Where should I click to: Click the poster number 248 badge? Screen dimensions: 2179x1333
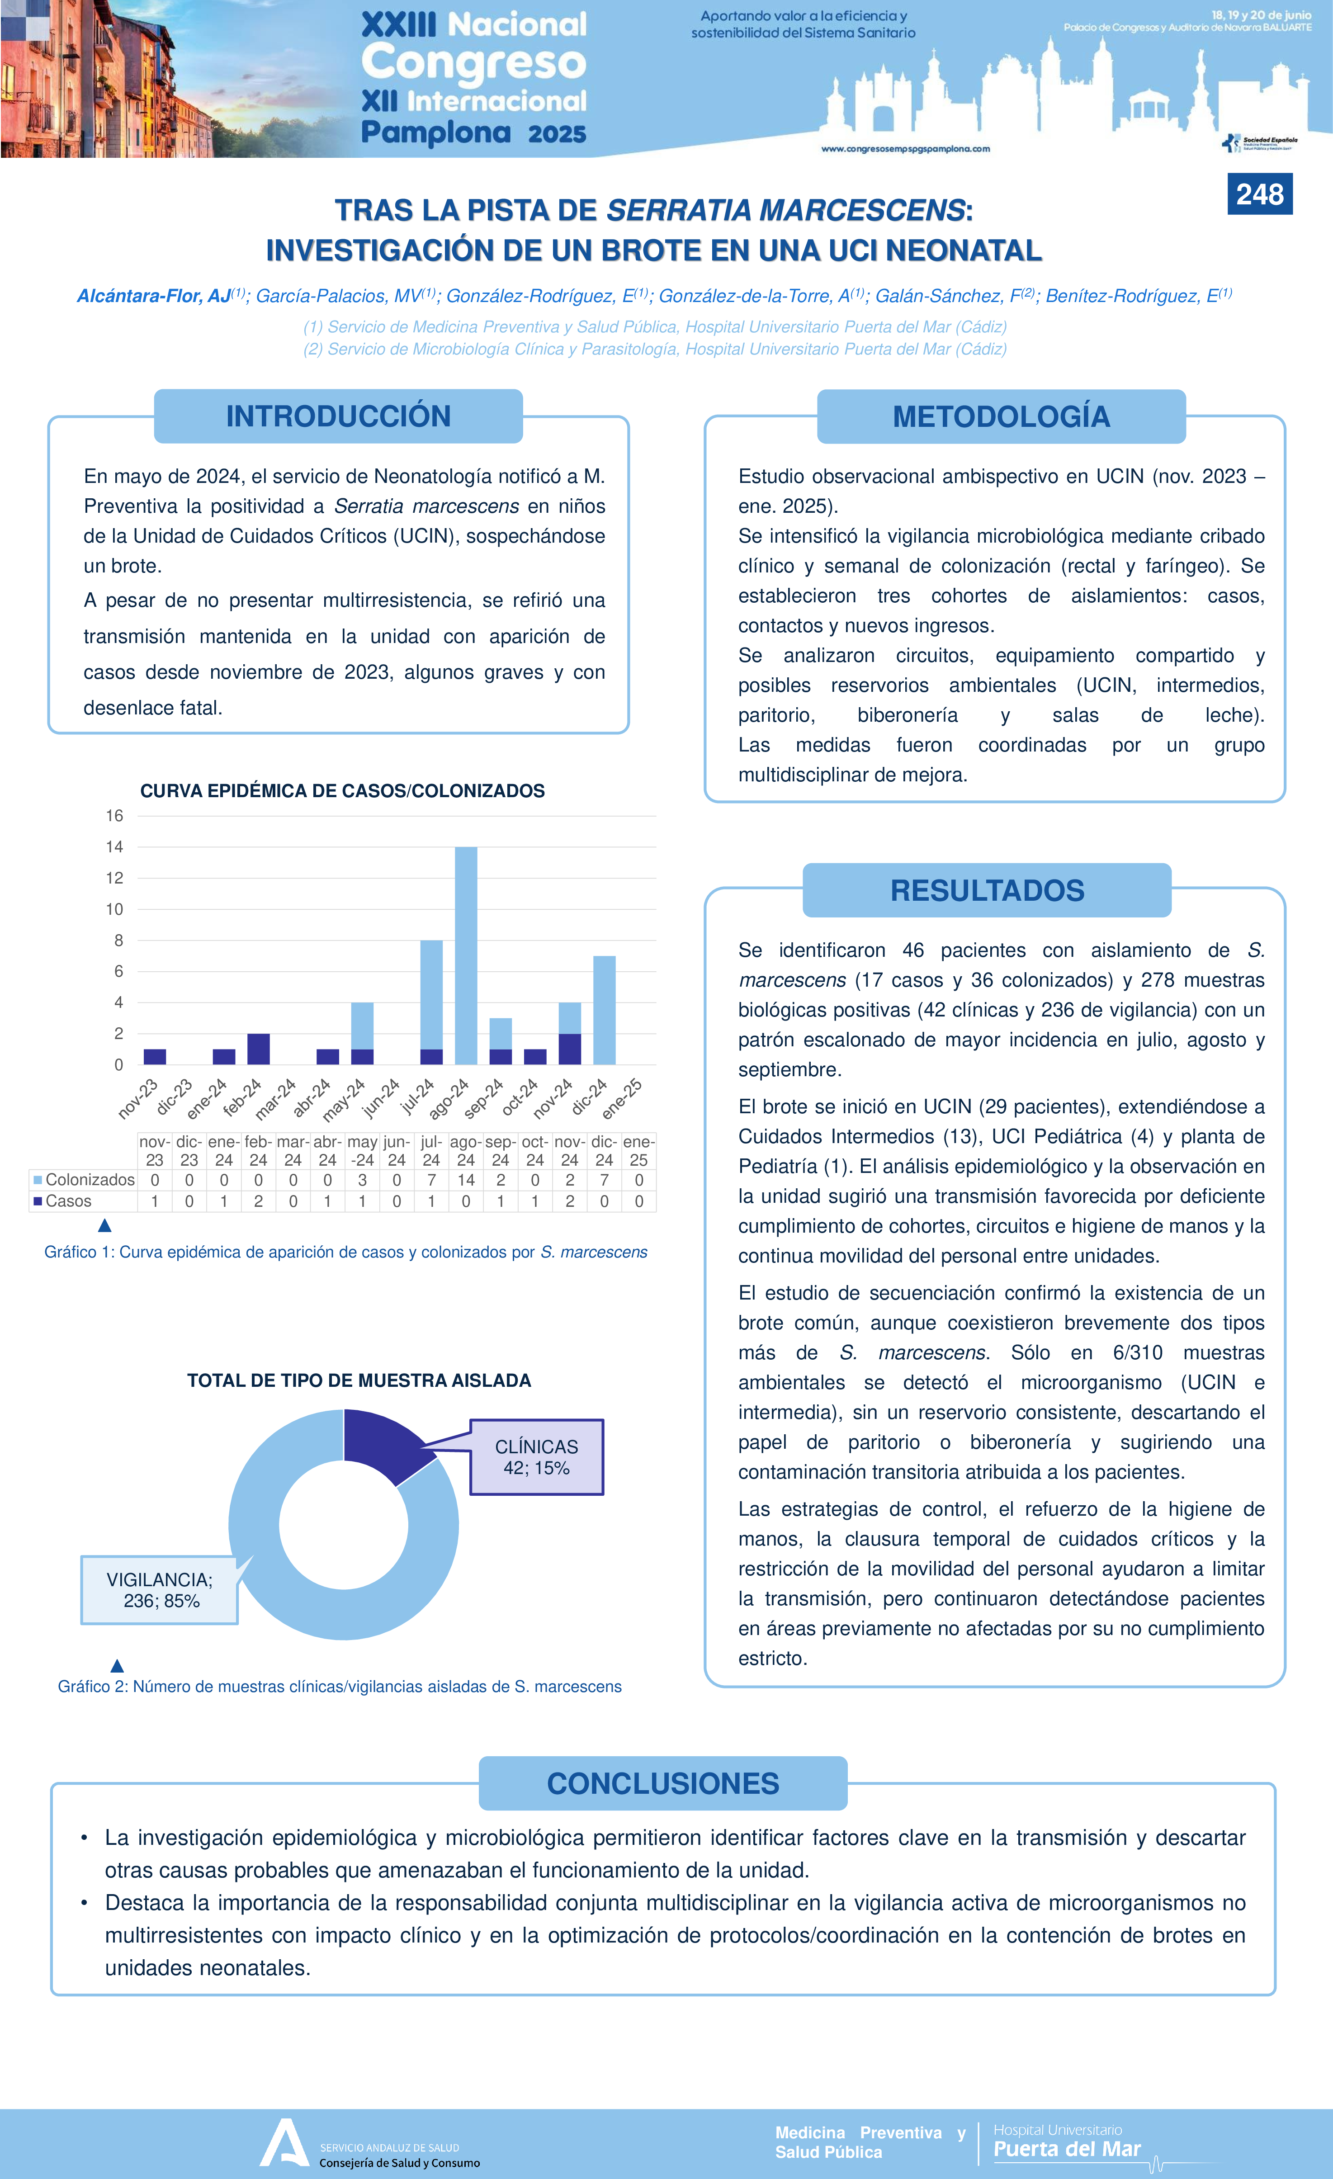click(1260, 194)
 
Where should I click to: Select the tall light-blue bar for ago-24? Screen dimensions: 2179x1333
click(466, 955)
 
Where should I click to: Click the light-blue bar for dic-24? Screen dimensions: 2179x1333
click(604, 1010)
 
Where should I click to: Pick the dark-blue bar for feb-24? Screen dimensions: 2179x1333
click(258, 1049)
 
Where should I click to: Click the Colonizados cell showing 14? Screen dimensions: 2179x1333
click(466, 1180)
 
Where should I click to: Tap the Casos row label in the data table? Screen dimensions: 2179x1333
click(68, 1201)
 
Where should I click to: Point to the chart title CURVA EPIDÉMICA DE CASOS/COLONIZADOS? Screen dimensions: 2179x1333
click(342, 790)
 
